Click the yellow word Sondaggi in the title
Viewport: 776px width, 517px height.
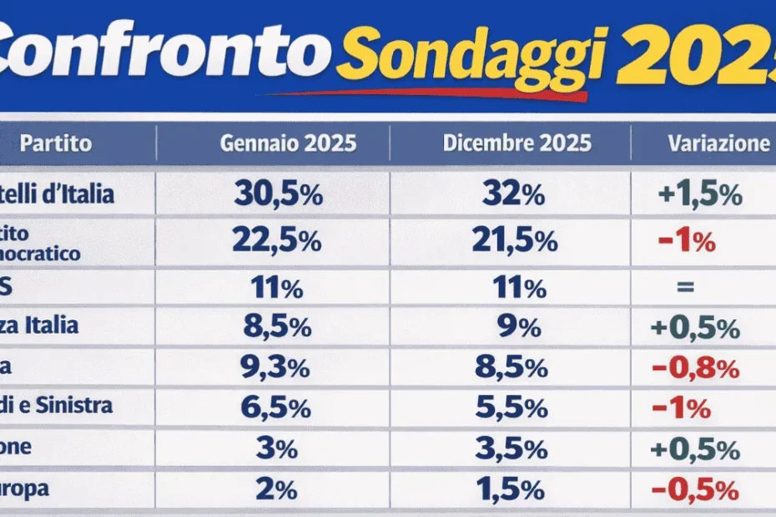[471, 56]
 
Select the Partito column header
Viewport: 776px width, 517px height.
[56, 143]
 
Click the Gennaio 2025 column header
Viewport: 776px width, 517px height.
[288, 143]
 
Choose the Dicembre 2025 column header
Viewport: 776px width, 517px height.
[516, 143]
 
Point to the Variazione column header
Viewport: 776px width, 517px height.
[718, 143]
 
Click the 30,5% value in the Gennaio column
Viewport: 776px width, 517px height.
[278, 195]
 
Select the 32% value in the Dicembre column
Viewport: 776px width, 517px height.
[513, 195]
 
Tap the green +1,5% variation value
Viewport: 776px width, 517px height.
[699, 195]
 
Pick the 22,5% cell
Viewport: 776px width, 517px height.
[276, 241]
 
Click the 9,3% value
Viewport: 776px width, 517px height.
[276, 368]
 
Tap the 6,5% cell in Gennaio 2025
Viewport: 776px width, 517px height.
[276, 409]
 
